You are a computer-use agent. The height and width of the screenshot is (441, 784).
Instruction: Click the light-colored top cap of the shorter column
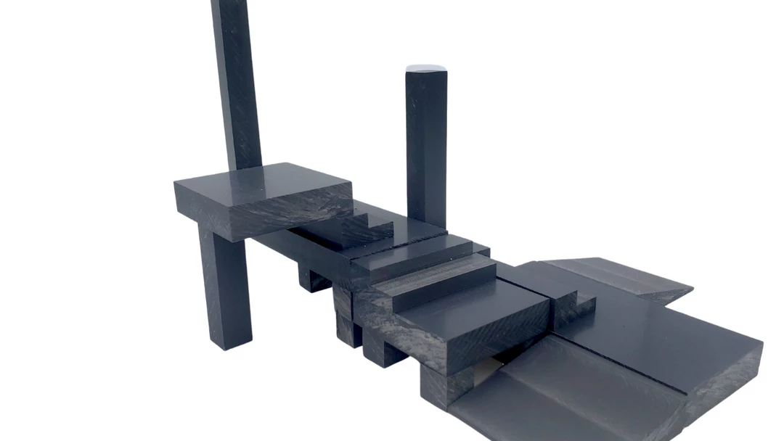coord(426,69)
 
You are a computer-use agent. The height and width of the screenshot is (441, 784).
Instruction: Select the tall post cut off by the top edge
coord(237,80)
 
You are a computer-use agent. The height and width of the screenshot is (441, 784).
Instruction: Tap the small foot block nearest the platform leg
coord(313,279)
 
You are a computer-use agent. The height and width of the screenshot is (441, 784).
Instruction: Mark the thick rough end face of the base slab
coord(726,384)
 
